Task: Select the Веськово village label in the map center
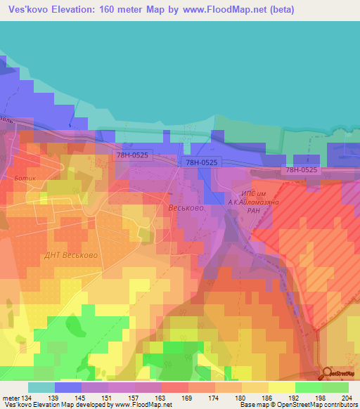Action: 186,209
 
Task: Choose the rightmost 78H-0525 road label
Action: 302,170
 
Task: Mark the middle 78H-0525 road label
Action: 201,162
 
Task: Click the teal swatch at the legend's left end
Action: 41,387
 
